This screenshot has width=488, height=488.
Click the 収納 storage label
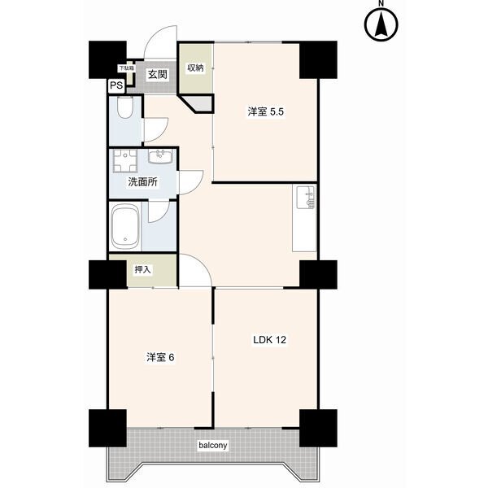[x=195, y=68]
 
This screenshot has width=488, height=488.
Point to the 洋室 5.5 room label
[x=266, y=112]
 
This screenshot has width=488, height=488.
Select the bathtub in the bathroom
[x=127, y=227]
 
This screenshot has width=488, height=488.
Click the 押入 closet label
[x=142, y=269]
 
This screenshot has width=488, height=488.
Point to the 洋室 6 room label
[x=160, y=357]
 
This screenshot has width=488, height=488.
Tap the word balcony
[x=212, y=445]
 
